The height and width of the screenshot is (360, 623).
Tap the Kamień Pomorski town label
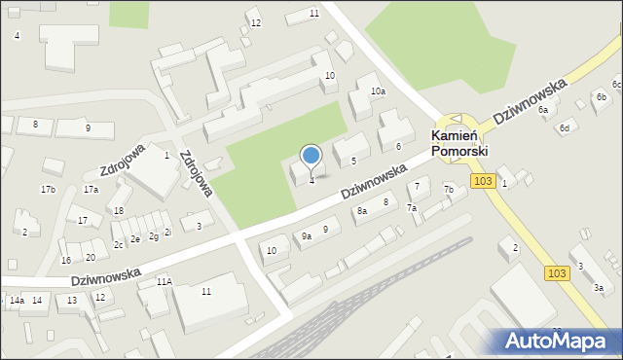pyautogui.click(x=460, y=144)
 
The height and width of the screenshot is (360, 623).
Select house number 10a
pyautogui.click(x=378, y=91)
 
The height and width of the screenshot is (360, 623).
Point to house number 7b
pyautogui.click(x=449, y=189)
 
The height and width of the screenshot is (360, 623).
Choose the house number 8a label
pyautogui.click(x=362, y=210)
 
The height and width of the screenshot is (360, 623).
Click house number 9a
pyautogui.click(x=306, y=235)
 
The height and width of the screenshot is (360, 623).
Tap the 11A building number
pyautogui.click(x=164, y=281)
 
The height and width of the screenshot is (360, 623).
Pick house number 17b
pyautogui.click(x=48, y=189)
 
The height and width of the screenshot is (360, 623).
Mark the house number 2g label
pyautogui.click(x=153, y=236)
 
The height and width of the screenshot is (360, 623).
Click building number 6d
pyautogui.click(x=564, y=128)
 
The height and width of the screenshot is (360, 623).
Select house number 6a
pyautogui.click(x=543, y=110)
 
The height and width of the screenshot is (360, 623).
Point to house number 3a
pyautogui.click(x=599, y=288)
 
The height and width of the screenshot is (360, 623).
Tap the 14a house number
pyautogui.click(x=17, y=301)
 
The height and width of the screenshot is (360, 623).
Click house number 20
pyautogui.click(x=90, y=257)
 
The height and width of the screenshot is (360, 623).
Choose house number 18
pyautogui.click(x=118, y=210)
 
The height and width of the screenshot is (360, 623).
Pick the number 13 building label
pyautogui.click(x=71, y=301)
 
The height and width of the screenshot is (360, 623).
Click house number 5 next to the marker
pyautogui.click(x=353, y=161)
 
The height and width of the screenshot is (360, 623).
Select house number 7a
pyautogui.click(x=412, y=208)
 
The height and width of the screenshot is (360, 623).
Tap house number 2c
pyautogui.click(x=118, y=245)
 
